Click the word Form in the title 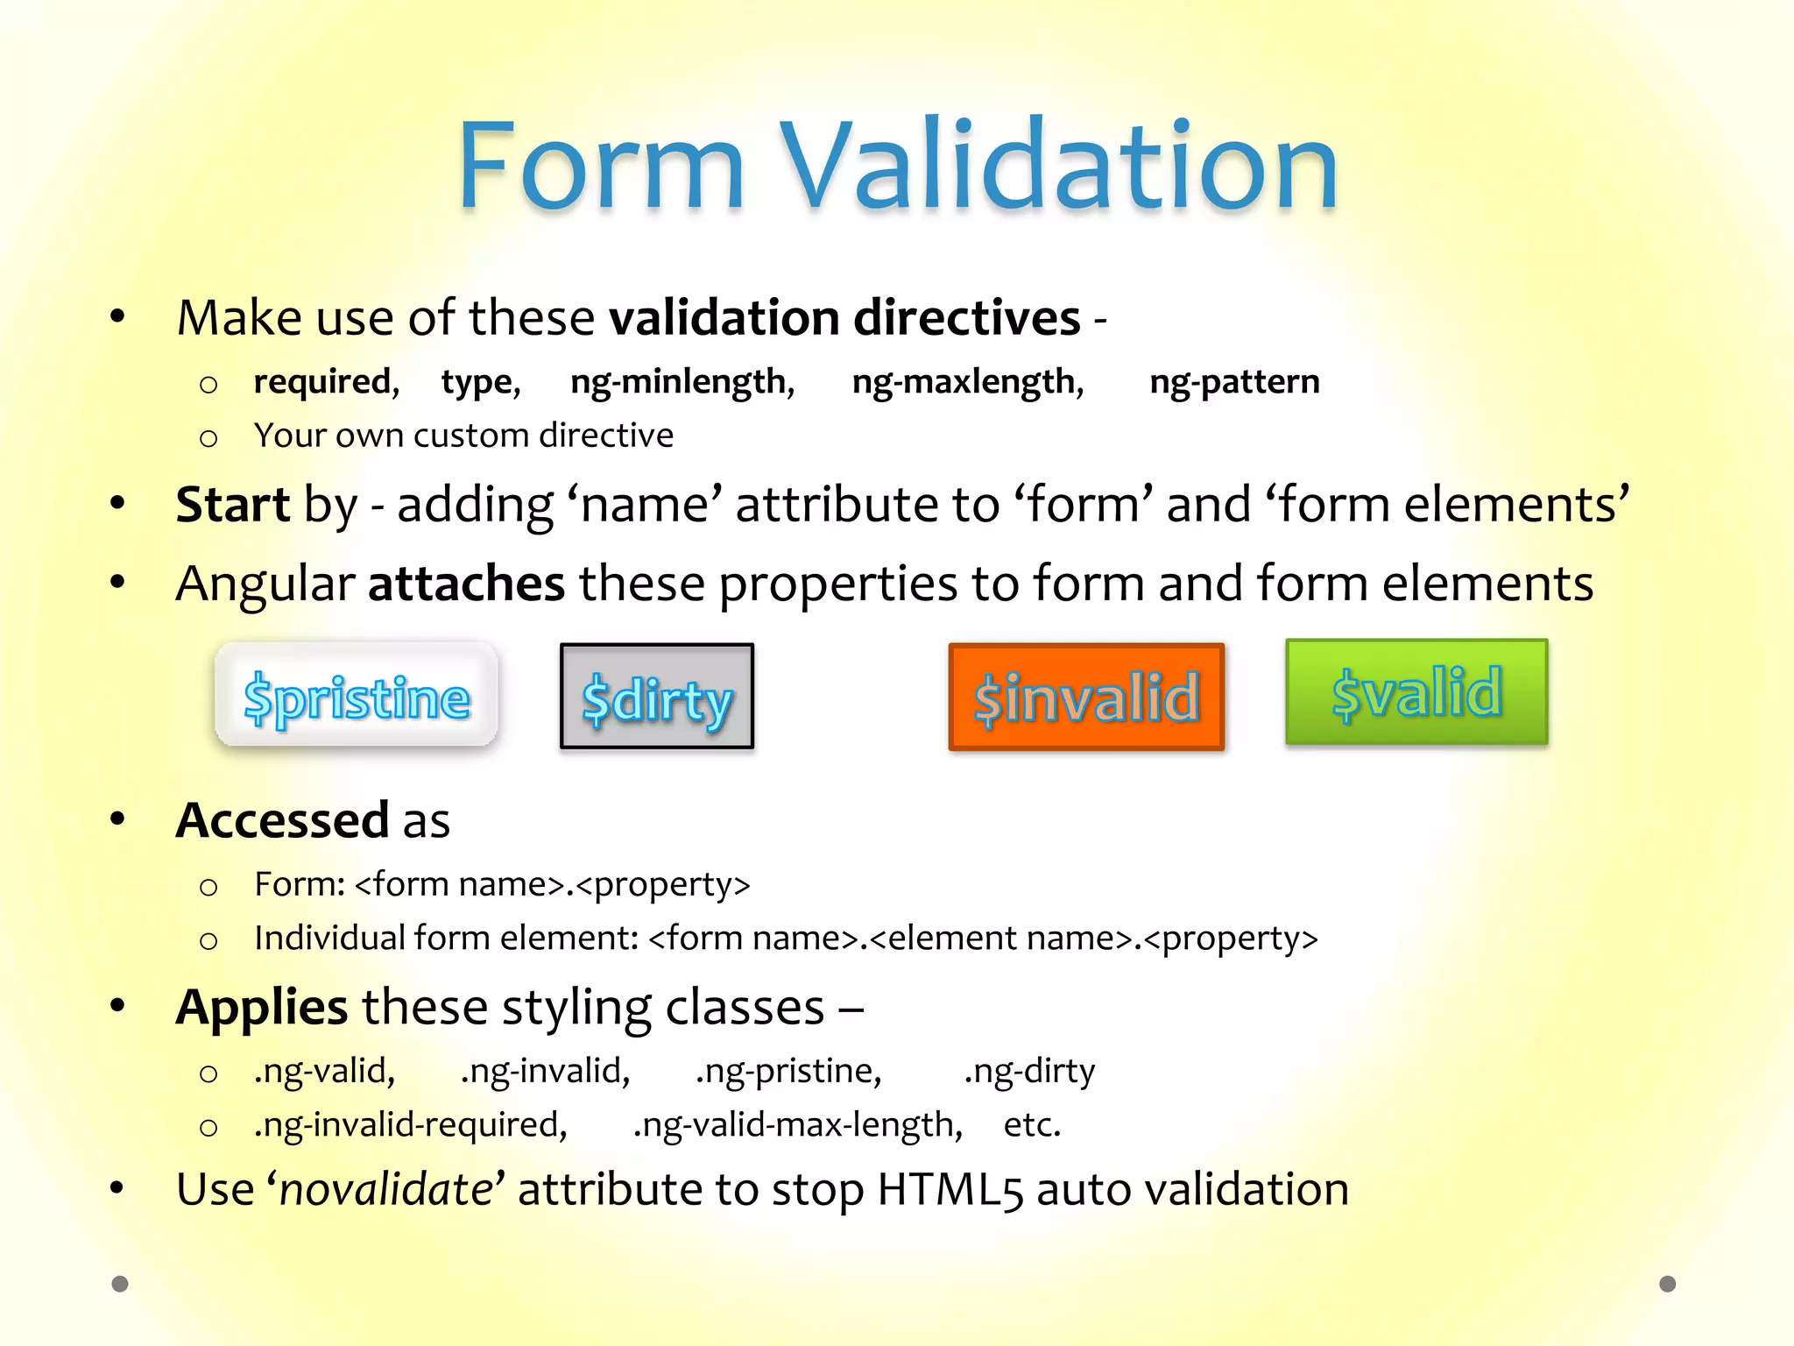point(601,166)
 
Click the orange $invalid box point(1086,698)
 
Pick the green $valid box point(1416,692)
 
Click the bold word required point(325,382)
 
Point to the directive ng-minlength point(682,383)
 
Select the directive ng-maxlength point(967,383)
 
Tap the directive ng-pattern point(1233,383)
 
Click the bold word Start point(232,505)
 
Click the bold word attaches point(466,584)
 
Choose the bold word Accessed point(282,820)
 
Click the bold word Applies point(262,1008)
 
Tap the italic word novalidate point(386,1189)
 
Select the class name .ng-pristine point(788,1072)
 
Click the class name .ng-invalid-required point(410,1125)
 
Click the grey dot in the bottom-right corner point(1667,1284)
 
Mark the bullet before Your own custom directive point(208,437)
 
